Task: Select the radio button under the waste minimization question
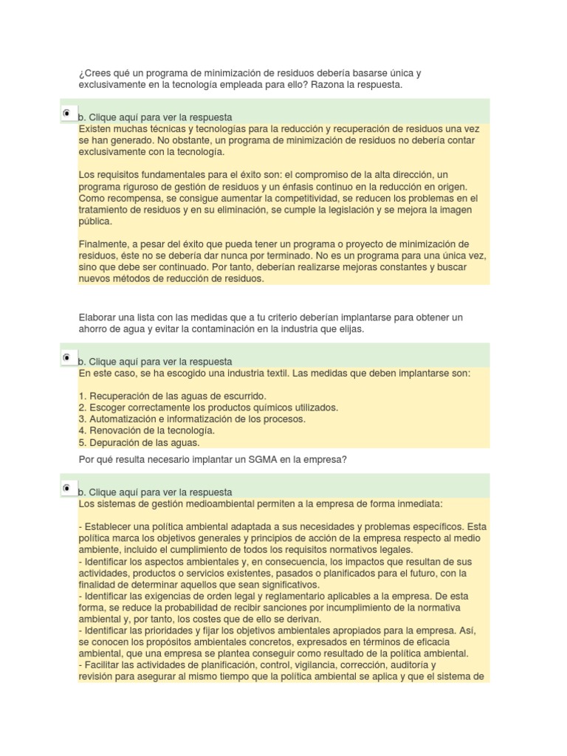point(66,113)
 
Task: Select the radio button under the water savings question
point(66,357)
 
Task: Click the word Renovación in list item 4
point(113,430)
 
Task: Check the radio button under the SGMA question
point(66,488)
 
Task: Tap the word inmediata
point(418,504)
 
